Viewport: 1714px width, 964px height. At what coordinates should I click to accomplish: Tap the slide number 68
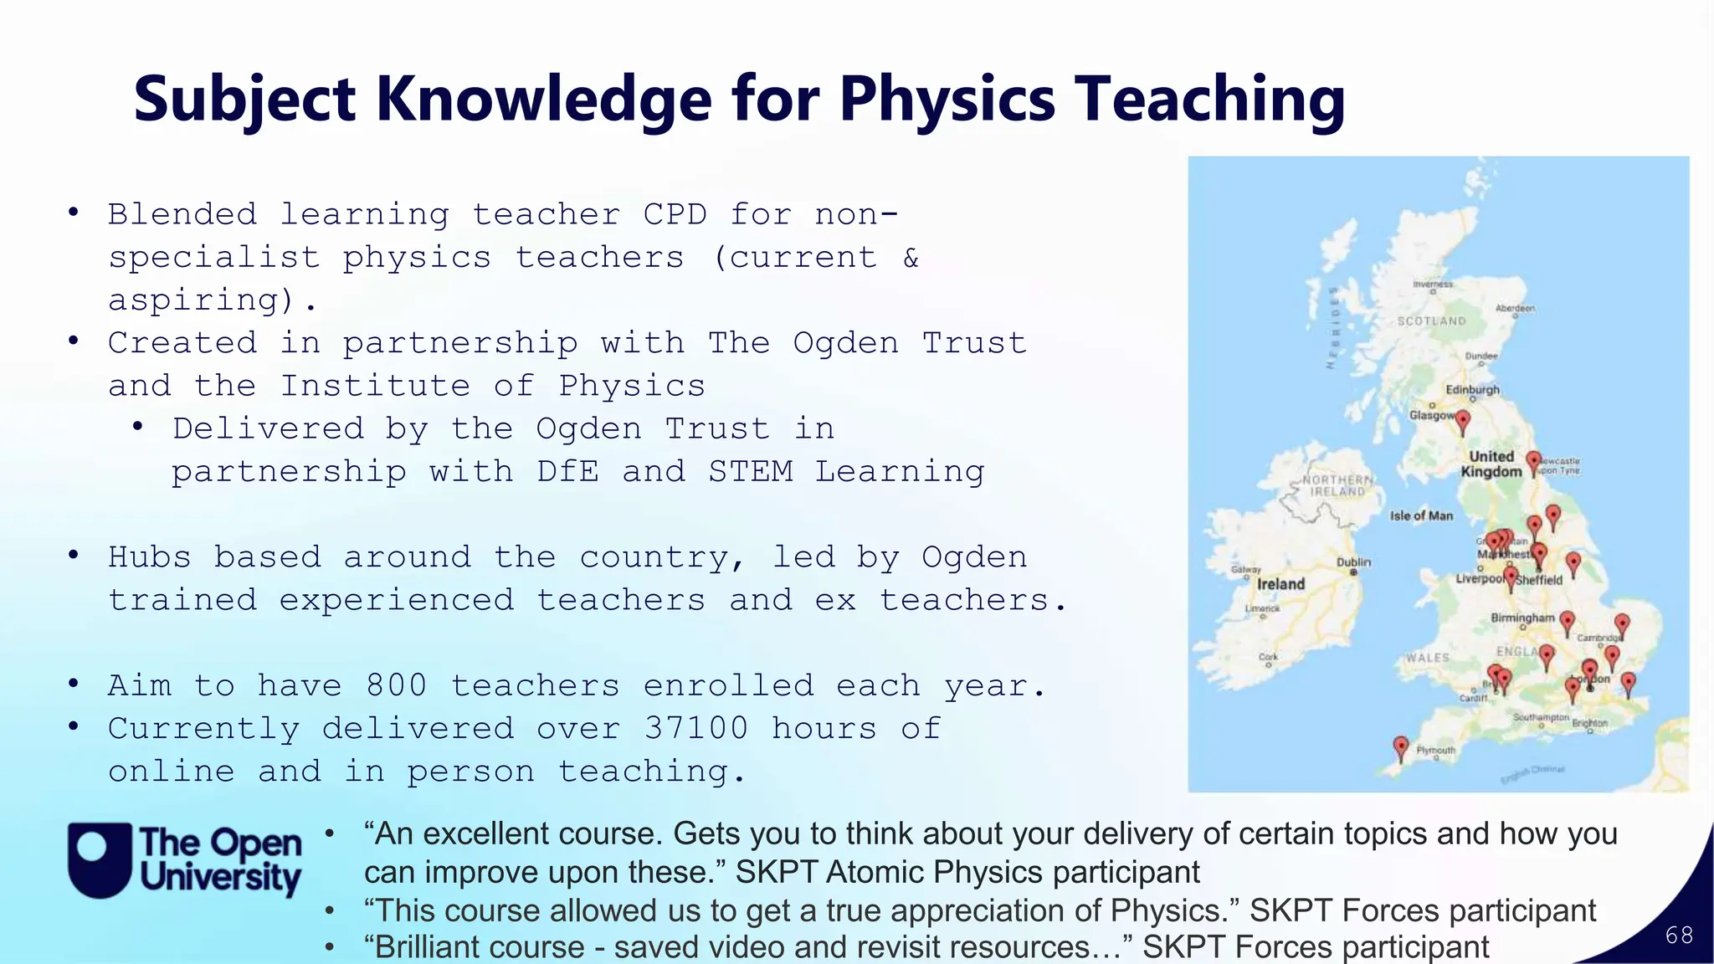point(1679,935)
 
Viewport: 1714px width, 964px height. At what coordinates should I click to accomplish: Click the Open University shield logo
point(100,860)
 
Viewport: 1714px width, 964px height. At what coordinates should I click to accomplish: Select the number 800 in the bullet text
point(397,685)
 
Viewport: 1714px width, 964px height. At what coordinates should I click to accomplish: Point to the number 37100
point(695,728)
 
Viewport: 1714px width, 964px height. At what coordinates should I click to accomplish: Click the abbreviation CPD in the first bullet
point(675,214)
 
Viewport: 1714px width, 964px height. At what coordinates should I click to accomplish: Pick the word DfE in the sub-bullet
point(568,471)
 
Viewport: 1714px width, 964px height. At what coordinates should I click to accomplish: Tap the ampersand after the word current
point(911,257)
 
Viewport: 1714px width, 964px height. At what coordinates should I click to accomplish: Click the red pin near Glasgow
point(1462,421)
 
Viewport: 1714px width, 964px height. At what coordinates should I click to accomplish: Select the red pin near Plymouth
point(1400,746)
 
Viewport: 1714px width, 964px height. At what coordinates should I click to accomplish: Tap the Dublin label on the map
point(1353,562)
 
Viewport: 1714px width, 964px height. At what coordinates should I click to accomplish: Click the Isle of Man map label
point(1421,515)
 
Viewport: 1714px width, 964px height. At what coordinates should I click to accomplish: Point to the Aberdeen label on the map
point(1515,308)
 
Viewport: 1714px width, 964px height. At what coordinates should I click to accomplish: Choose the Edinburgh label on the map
point(1473,390)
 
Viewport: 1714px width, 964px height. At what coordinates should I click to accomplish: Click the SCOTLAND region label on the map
point(1431,321)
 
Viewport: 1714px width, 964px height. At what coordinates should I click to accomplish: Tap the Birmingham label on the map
point(1522,618)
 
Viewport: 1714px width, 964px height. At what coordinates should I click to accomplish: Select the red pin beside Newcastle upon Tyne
point(1533,462)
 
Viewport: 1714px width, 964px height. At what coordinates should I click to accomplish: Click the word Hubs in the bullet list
point(150,557)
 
